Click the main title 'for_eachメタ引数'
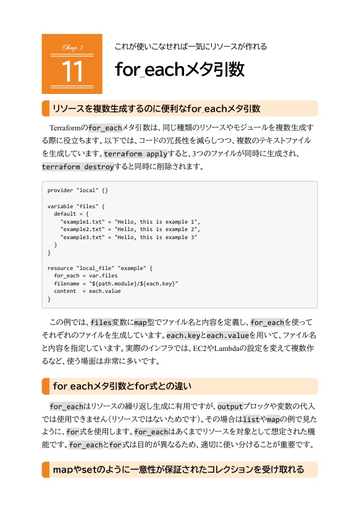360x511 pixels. point(180,69)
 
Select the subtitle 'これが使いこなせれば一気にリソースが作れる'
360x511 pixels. point(190,46)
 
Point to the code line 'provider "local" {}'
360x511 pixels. point(78,190)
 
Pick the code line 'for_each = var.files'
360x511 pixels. point(85,276)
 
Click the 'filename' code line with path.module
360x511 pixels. point(116,284)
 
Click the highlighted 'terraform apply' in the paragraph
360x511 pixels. point(135,154)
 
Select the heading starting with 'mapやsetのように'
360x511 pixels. point(178,470)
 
